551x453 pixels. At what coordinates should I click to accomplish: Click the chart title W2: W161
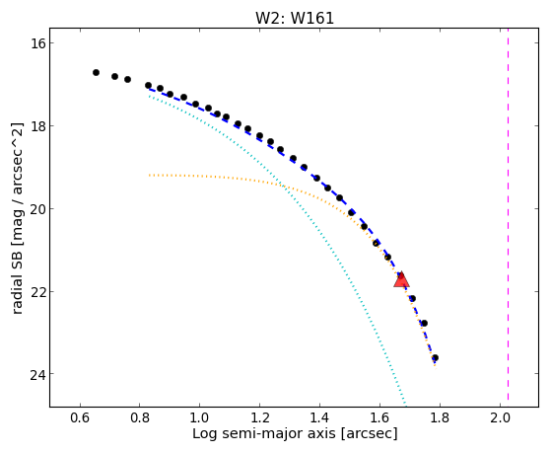295,18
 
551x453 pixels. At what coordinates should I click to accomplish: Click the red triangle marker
401,280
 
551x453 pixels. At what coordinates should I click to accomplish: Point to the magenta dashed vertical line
509,217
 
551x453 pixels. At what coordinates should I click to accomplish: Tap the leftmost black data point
96,72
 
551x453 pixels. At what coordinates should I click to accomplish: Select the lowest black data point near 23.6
435,358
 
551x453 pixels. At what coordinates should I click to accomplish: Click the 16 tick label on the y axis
36,43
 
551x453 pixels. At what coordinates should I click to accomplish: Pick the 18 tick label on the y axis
36,126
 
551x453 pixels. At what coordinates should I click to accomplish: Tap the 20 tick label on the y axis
36,209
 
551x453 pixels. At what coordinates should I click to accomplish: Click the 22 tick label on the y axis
36,292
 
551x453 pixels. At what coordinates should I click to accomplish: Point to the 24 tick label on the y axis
36,374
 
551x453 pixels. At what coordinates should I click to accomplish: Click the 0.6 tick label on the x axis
80,417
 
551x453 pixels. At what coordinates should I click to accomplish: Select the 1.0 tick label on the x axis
199,417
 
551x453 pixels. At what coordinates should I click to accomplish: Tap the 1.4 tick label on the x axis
319,417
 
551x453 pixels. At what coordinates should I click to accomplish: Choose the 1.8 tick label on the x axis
440,417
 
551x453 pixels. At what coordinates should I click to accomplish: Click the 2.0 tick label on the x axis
500,417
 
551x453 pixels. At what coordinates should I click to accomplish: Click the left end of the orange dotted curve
149,175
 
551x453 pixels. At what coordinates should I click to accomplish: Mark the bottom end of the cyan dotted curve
405,404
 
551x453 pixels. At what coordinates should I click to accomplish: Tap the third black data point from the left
127,80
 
